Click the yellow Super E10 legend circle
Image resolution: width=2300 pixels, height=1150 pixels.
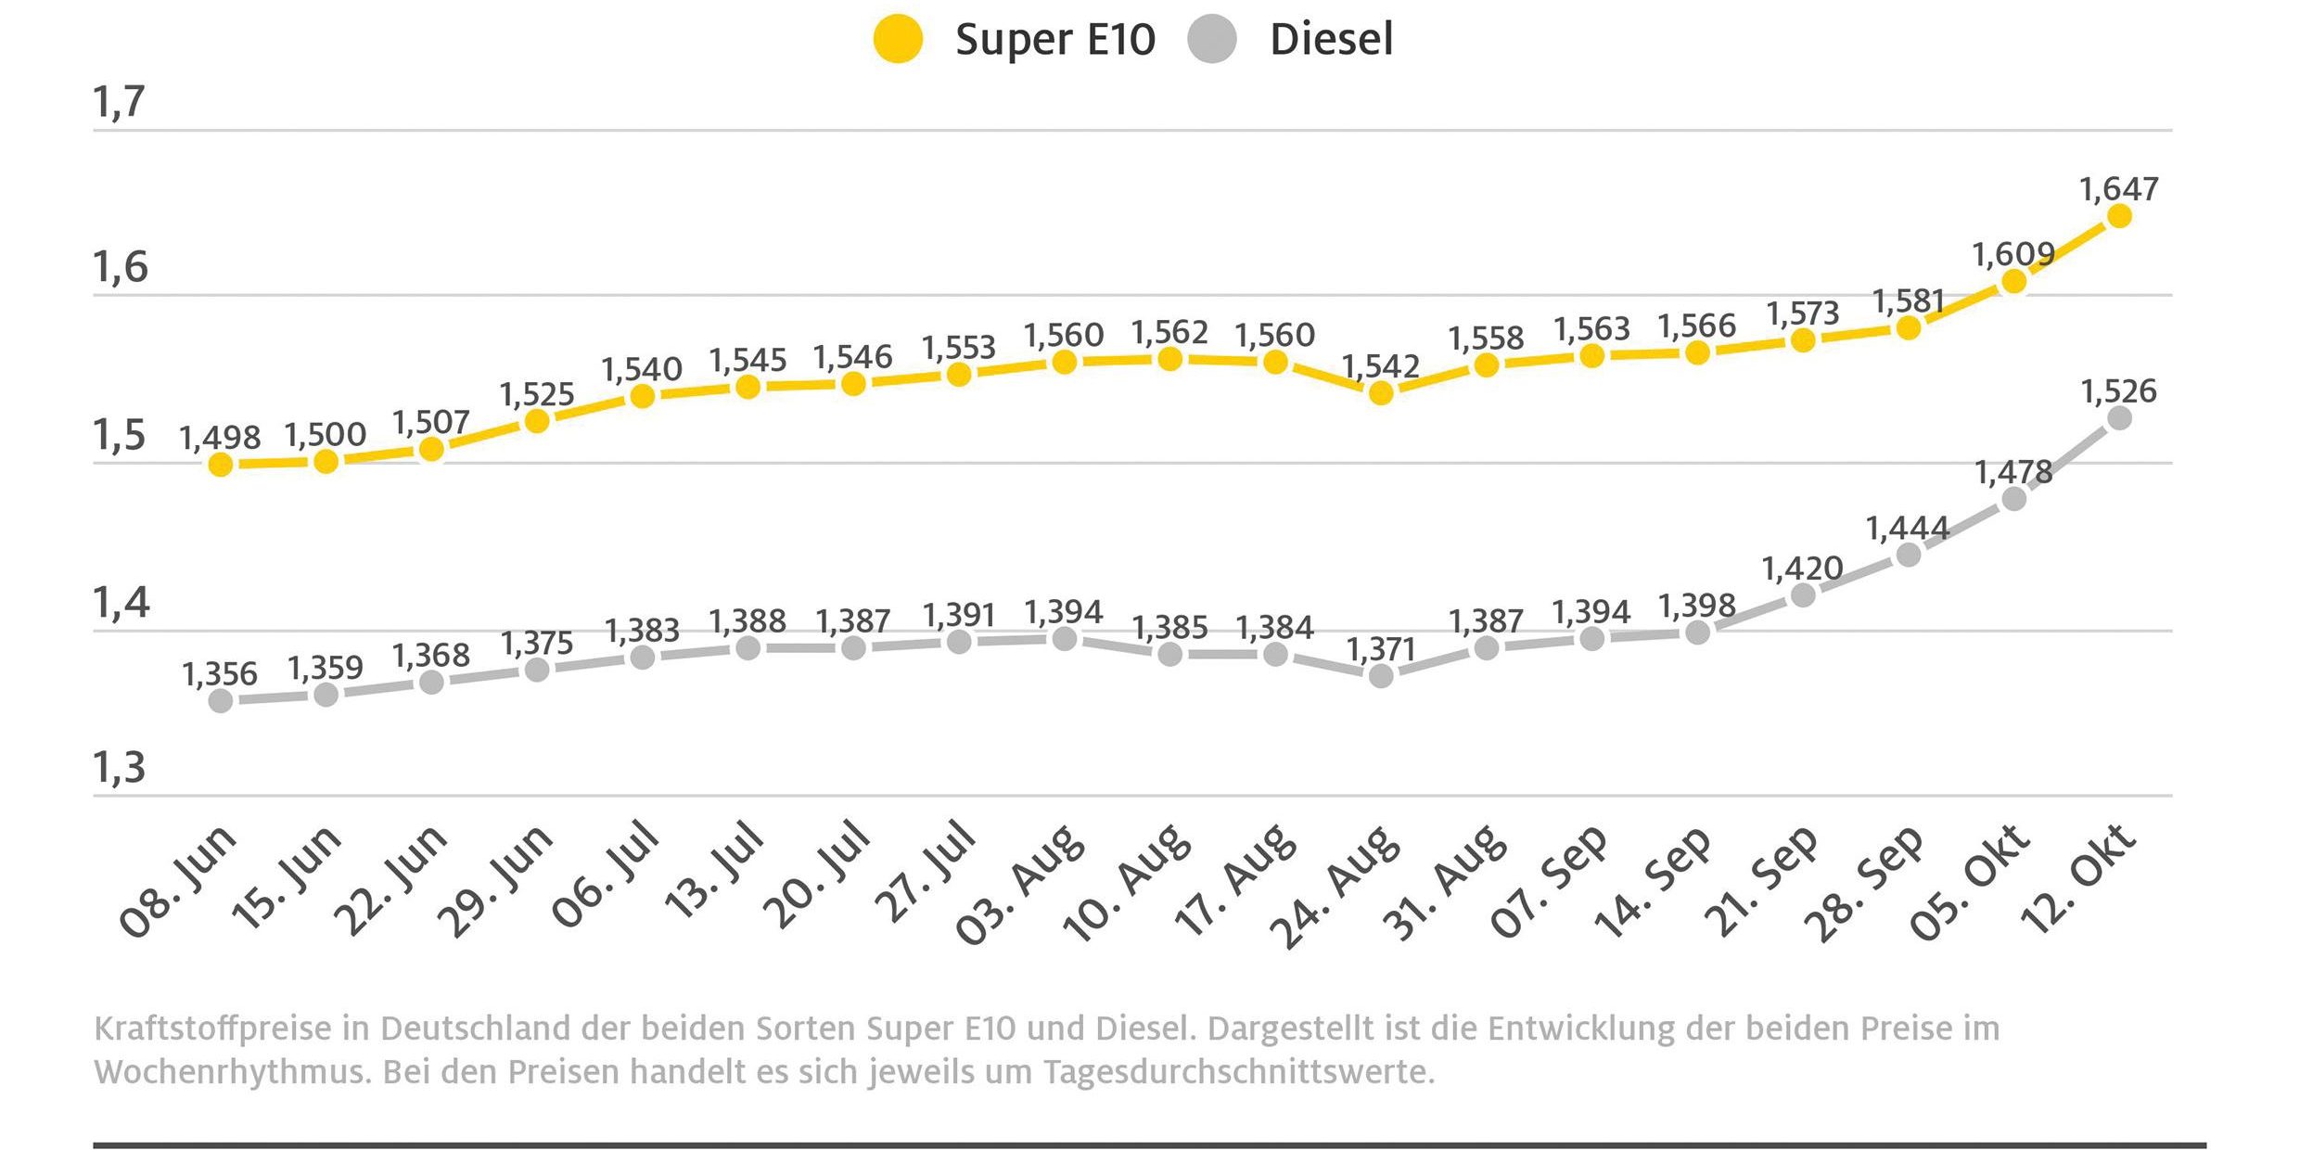(898, 40)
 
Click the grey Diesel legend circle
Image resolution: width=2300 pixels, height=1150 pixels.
(1211, 40)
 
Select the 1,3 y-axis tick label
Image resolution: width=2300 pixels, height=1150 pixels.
(119, 768)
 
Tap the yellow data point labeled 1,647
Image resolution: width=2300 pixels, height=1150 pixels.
(2119, 216)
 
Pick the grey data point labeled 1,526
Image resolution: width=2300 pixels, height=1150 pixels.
(2119, 418)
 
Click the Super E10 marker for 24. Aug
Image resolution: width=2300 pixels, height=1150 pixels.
(1381, 393)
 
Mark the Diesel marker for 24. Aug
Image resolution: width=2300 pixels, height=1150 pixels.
(1381, 676)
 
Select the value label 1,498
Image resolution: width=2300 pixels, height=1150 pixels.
(220, 438)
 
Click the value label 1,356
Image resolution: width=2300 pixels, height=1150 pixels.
(220, 675)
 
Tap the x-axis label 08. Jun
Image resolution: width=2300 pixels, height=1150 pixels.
(179, 881)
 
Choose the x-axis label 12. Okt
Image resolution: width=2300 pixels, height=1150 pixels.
(2078, 879)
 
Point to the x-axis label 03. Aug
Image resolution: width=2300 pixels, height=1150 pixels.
(1020, 886)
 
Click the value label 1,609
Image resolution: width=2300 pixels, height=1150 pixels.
(2013, 254)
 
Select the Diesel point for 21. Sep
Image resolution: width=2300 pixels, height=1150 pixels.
(1803, 595)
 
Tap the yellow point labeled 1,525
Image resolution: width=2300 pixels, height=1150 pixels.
(537, 421)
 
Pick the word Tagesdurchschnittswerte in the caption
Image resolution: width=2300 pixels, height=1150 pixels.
(1238, 1073)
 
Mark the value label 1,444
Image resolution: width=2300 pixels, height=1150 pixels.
(1908, 529)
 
